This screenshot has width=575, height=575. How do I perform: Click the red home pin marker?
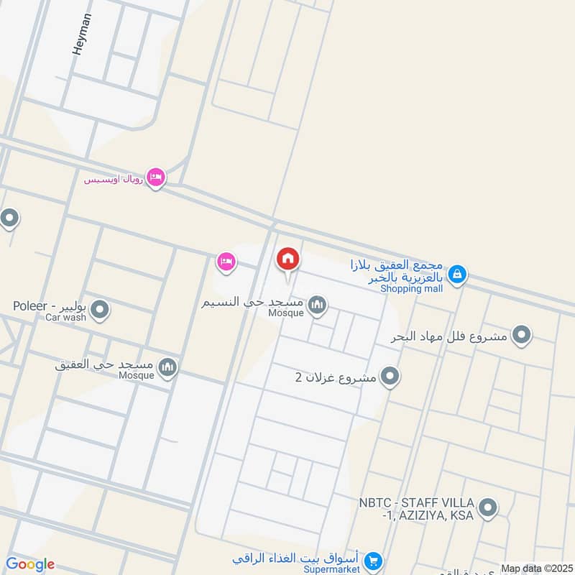point(287,259)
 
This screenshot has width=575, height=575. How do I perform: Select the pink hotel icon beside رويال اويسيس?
point(155,177)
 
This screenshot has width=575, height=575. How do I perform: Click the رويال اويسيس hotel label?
point(114,178)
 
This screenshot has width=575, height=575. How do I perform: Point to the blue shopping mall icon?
point(456,274)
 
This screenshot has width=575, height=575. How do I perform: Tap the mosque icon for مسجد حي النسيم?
point(317,307)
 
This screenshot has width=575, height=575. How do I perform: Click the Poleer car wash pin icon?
point(100,310)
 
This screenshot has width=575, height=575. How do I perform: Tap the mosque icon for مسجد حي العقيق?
point(168,368)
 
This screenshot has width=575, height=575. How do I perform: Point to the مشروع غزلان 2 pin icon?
point(390,376)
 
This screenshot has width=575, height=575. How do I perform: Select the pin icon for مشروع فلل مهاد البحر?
point(522,335)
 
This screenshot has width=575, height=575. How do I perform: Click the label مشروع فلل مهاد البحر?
point(449,336)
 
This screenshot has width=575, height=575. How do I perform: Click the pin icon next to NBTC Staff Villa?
point(488,509)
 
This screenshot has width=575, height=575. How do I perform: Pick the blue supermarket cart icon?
point(372,560)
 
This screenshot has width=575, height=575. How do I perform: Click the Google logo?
point(29,565)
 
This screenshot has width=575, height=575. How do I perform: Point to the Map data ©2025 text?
point(535,569)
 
